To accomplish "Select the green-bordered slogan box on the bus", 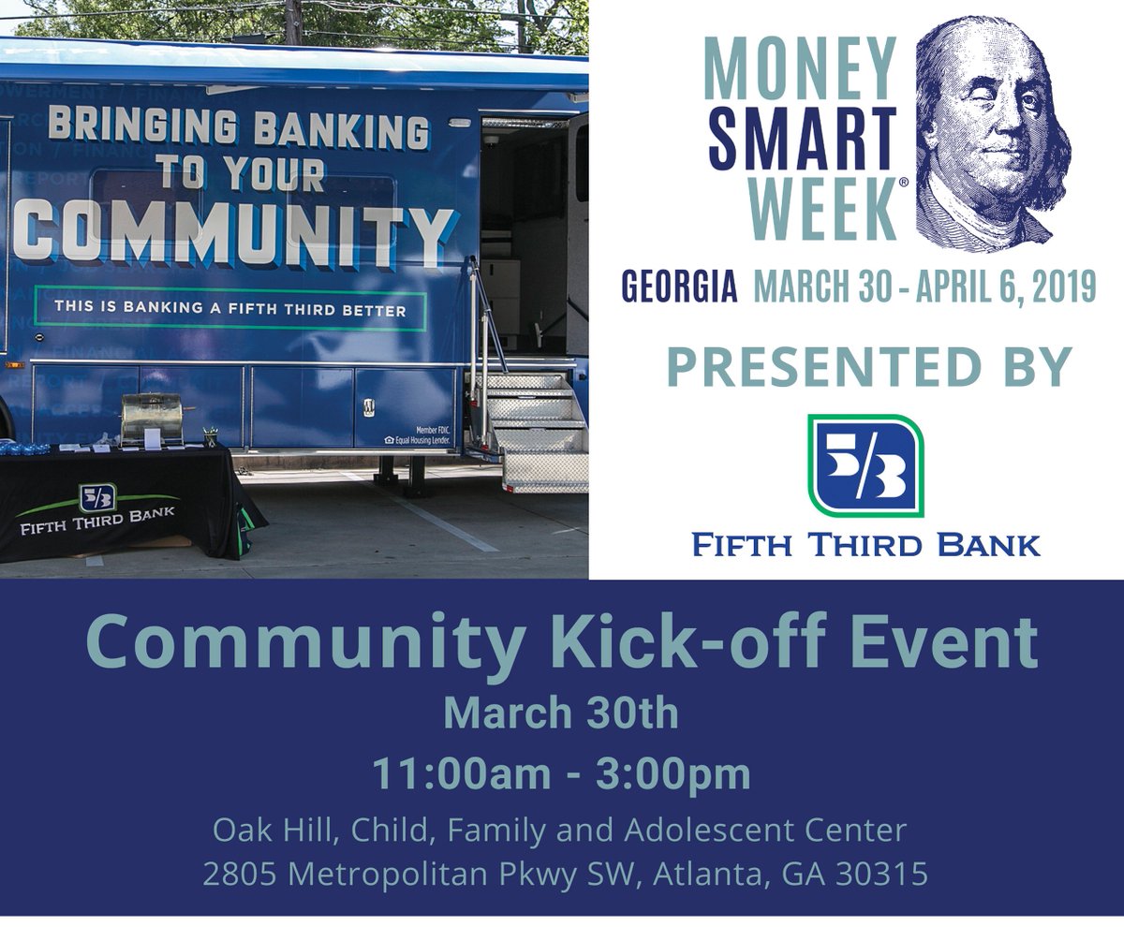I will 229,309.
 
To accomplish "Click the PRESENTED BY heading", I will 868,366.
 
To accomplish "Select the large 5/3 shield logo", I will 865,465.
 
